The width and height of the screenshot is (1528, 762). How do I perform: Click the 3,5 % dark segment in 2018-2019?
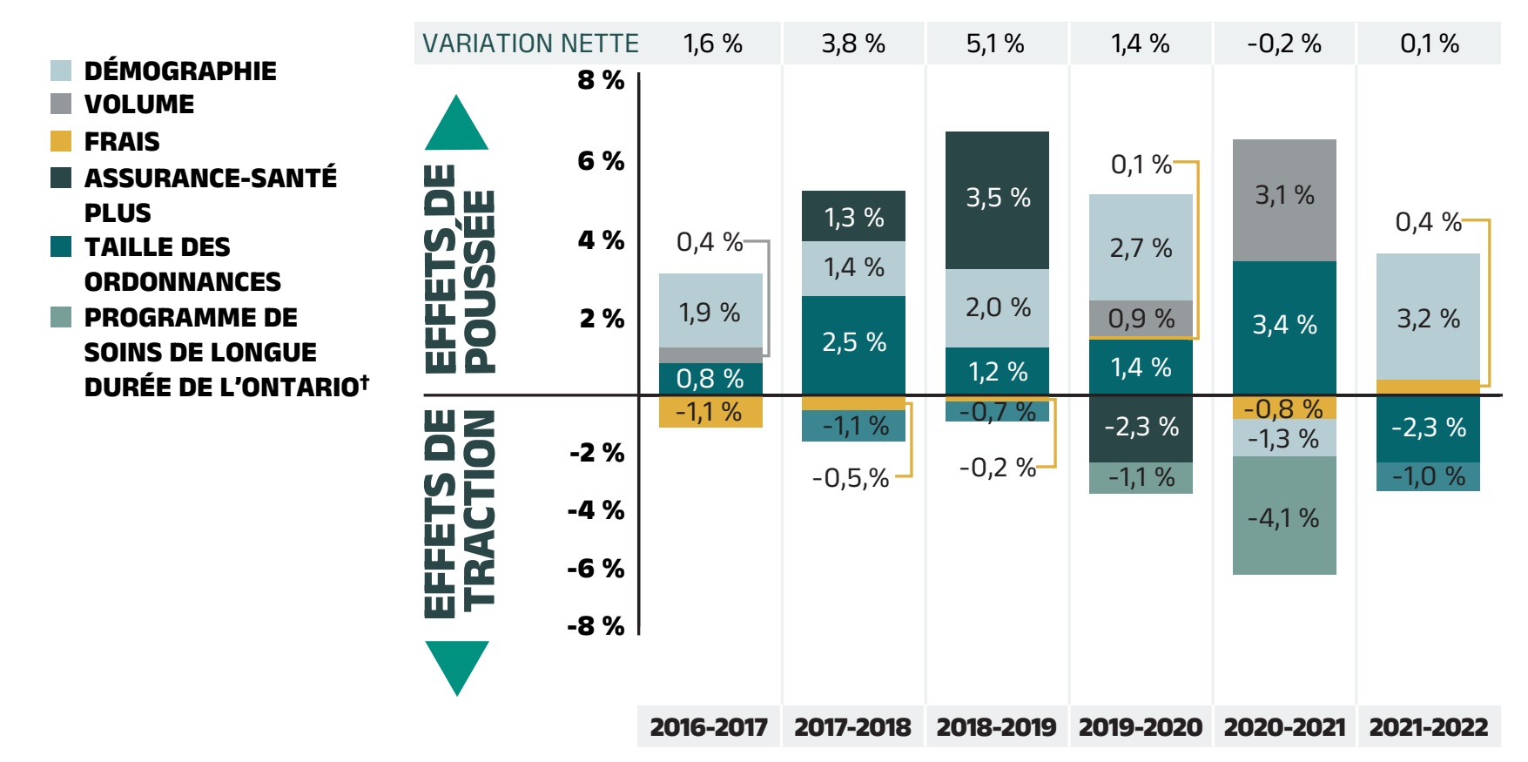997,199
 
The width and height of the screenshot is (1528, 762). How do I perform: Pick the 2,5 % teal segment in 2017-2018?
853,343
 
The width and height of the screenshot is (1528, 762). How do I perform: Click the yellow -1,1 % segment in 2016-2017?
710,412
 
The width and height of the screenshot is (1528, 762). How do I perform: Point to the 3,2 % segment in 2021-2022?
1428,318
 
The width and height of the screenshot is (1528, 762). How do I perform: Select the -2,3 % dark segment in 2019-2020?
1141,428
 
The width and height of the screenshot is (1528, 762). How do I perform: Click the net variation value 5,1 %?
995,44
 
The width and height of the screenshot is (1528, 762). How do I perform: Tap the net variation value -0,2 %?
1283,44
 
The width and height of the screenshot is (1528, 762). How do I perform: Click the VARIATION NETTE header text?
530,44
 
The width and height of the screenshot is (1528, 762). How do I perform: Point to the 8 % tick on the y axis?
601,80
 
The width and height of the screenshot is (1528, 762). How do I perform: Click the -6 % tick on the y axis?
596,569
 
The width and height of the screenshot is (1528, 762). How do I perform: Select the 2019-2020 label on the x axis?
1141,726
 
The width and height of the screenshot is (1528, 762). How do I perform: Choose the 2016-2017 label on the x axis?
709,726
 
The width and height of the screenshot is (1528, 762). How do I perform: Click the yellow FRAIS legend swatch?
61,141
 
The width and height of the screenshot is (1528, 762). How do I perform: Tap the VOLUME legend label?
139,105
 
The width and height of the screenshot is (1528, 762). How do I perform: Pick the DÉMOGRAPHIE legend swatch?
61,71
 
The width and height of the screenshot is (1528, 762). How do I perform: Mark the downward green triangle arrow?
456,665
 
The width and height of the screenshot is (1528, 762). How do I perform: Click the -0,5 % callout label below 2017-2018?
850,478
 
